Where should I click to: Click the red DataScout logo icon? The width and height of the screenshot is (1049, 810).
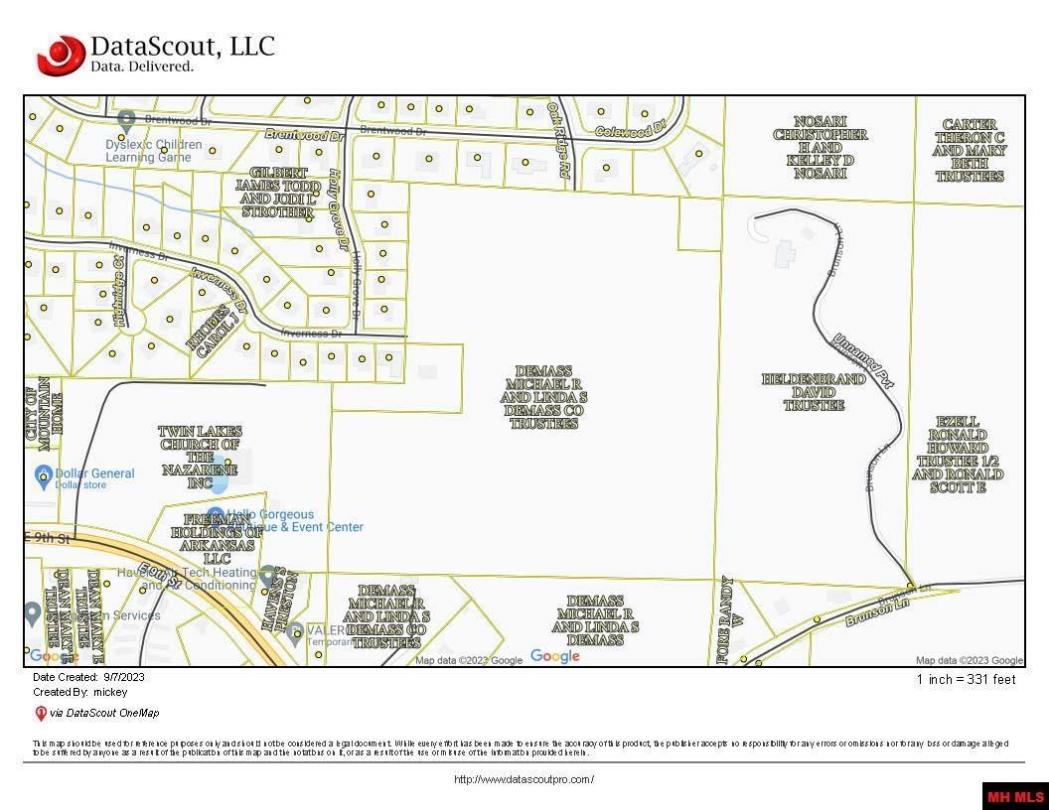tap(61, 55)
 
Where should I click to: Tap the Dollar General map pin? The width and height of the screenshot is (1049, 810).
tap(43, 476)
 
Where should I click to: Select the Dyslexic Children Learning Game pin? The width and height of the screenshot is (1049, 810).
tap(126, 120)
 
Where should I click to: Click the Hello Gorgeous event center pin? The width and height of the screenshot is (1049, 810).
tap(216, 516)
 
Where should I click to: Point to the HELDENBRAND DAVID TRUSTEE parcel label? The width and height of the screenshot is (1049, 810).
tap(814, 392)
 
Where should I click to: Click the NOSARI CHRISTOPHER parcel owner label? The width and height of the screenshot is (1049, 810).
tap(821, 154)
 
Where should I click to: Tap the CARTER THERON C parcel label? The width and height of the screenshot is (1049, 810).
tap(969, 151)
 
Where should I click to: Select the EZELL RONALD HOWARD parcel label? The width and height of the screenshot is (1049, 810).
tap(958, 455)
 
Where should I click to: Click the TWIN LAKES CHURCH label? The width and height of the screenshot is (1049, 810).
tap(200, 458)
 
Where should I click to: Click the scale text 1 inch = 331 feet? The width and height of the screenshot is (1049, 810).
tap(966, 680)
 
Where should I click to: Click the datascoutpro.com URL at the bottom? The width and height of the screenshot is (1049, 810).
tap(524, 779)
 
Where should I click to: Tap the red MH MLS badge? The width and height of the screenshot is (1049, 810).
tap(1014, 796)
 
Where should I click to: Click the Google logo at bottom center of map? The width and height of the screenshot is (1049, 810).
tap(554, 656)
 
